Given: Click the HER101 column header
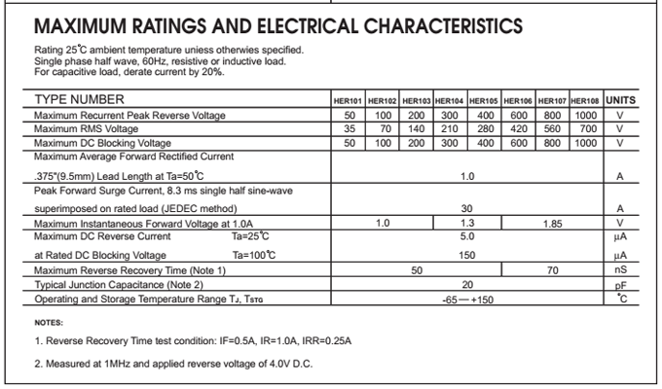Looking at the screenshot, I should pos(349,100).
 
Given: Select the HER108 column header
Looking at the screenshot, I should pos(585,100).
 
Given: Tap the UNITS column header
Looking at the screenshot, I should pos(620,100).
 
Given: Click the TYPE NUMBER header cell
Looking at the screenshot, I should pos(79,100).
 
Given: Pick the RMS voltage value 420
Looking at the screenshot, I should pos(519,128).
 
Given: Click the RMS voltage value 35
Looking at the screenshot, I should pos(349,128).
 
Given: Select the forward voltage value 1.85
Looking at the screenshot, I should pos(552,223).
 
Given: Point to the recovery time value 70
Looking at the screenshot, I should pos(552,269).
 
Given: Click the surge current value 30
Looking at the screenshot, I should pos(467,208).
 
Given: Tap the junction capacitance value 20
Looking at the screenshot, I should pos(467,284).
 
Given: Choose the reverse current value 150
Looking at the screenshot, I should pos(467,255).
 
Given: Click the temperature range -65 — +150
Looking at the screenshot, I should pos(467,299).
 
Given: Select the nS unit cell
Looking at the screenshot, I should pos(620,269).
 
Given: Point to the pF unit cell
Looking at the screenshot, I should pos(620,285).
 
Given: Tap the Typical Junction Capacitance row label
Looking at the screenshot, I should pos(118,284).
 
